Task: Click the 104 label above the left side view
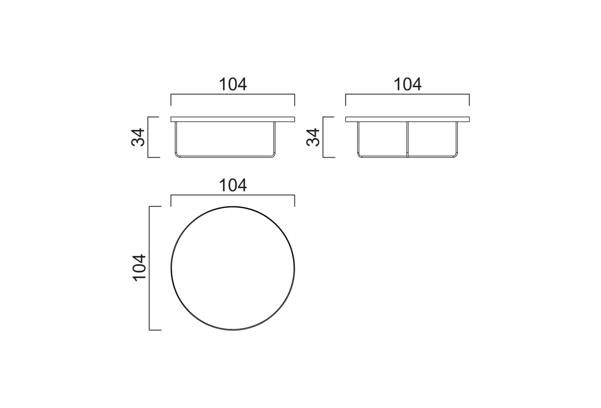233,85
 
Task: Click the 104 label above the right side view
408,85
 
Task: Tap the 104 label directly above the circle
233,185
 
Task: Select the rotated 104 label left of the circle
140,268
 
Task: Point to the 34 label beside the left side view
138,137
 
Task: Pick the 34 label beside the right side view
313,137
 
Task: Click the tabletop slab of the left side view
232,119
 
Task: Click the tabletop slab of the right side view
407,119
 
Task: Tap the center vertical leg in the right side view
407,139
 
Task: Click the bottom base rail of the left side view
225,156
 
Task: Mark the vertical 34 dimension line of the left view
148,137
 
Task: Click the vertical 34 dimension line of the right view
323,137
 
